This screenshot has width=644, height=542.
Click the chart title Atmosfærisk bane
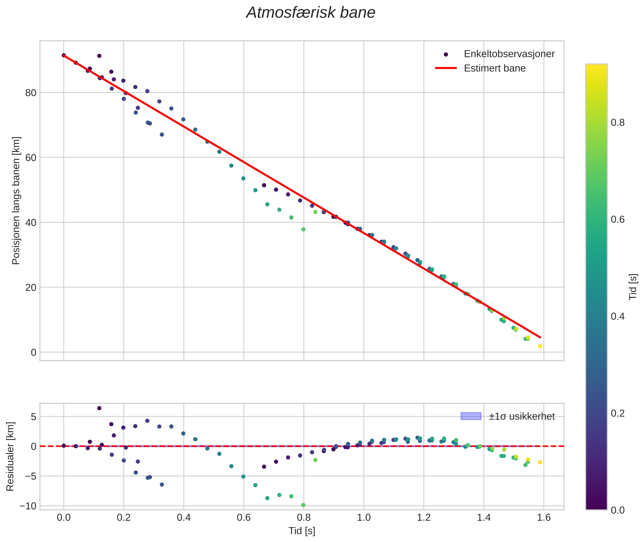311,13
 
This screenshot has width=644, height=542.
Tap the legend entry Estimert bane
494,68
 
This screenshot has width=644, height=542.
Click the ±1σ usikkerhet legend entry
521,416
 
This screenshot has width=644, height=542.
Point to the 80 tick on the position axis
31,93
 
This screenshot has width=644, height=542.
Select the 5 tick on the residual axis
33,417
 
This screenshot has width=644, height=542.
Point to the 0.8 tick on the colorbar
617,123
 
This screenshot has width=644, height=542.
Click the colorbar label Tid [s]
633,287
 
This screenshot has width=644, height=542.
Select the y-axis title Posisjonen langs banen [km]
16,201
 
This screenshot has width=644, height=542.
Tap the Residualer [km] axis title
10,457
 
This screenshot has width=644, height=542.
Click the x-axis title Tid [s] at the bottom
302,531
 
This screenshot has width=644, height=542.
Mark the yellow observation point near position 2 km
540,346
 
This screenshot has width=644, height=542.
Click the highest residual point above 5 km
99,408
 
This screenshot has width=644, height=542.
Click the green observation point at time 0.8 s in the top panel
303,229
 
